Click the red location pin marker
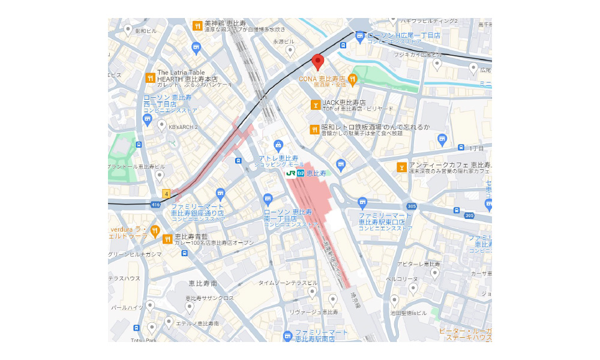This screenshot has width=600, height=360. point(318,61)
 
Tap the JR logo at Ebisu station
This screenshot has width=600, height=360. point(291,173)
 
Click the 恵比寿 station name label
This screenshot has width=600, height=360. point(316,173)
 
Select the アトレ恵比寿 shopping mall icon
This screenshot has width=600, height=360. point(278,145)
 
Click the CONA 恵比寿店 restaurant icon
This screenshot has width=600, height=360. point(353,79)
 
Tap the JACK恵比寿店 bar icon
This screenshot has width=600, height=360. point(315,105)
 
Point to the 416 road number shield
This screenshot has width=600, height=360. point(156,205)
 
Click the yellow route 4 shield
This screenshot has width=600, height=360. point(166,194)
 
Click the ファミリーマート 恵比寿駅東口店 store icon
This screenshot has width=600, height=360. point(362,203)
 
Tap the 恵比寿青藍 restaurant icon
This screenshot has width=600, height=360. point(167,239)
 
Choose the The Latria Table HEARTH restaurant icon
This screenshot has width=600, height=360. point(150,77)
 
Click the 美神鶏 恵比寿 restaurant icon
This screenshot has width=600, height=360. point(197,25)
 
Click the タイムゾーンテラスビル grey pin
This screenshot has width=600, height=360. point(312,292)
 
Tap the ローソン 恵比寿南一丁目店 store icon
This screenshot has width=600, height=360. point(268,199)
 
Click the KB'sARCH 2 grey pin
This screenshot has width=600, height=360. point(161,125)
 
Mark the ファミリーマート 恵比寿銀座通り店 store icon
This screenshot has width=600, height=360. point(220,193)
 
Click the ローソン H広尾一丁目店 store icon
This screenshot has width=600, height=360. point(359,37)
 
